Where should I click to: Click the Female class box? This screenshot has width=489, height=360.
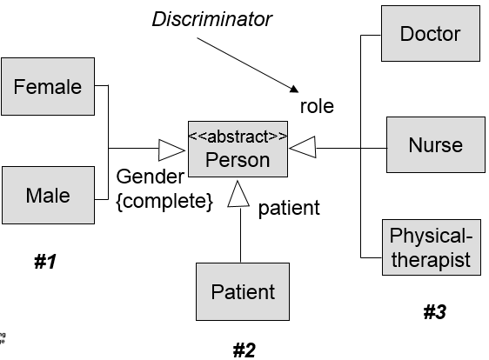click(x=48, y=87)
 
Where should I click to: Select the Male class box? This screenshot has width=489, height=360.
click(x=48, y=195)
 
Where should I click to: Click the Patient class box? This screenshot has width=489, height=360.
click(x=243, y=292)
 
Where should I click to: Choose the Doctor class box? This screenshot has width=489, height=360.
click(x=431, y=35)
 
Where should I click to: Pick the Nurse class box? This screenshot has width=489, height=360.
click(x=435, y=145)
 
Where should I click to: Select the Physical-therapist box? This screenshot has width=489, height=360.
click(x=431, y=248)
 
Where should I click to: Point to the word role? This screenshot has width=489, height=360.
click(x=317, y=107)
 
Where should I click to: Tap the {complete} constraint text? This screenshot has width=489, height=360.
click(x=164, y=202)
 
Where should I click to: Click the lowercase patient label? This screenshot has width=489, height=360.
click(x=289, y=208)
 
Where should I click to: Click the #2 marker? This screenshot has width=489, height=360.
click(x=244, y=350)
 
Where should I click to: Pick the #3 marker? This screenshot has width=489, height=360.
click(x=434, y=312)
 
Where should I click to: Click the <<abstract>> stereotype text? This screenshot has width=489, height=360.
click(x=238, y=136)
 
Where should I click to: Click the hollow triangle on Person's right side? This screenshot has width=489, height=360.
click(x=301, y=149)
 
